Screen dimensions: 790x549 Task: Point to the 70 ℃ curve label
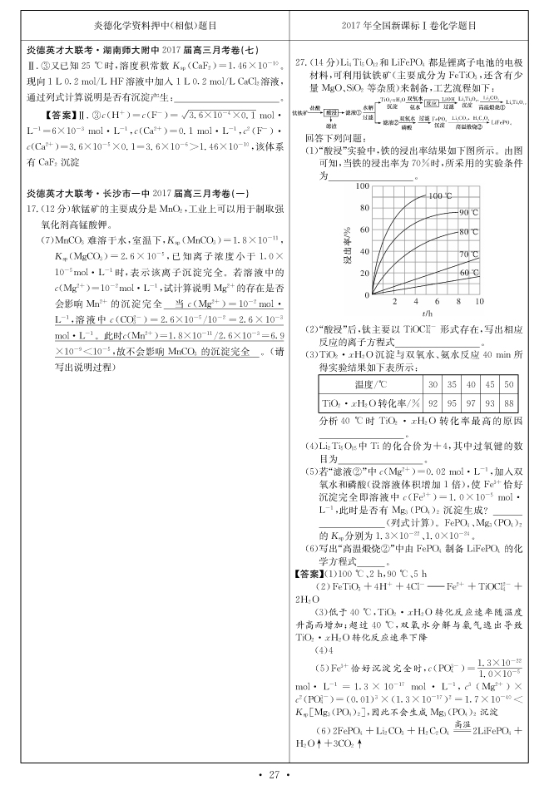[470, 254]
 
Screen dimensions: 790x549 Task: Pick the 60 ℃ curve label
[470, 272]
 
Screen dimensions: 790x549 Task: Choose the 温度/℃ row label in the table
[371, 385]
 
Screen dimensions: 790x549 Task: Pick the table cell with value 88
[509, 402]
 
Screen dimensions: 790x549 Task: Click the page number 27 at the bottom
[274, 775]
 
